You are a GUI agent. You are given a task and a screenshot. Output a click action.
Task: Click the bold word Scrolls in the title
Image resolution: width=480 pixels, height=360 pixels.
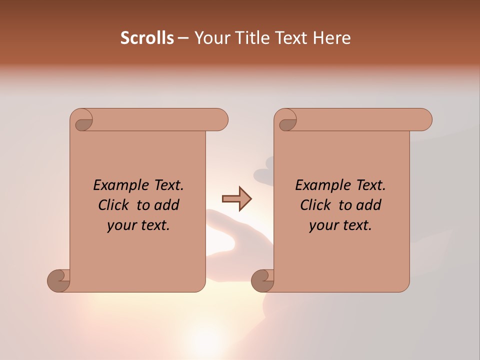[147, 38]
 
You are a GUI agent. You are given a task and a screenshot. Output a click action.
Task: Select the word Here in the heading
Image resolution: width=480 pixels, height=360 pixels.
[332, 38]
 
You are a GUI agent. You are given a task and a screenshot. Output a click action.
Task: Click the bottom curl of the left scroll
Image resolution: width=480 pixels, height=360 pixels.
[59, 280]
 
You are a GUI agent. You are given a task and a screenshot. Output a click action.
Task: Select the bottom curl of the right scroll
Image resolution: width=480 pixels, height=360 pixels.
[262, 280]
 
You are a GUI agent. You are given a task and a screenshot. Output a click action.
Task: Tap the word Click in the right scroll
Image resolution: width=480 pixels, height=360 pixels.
[315, 205]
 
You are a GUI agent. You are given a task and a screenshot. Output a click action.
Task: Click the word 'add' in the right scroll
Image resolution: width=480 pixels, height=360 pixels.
[369, 205]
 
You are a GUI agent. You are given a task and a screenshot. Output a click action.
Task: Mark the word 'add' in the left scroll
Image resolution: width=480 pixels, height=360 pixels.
[167, 205]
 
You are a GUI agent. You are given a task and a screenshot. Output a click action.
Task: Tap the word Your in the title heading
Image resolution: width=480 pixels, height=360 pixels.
[209, 38]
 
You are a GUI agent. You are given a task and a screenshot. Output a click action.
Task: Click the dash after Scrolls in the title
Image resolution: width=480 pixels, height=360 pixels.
[183, 38]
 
